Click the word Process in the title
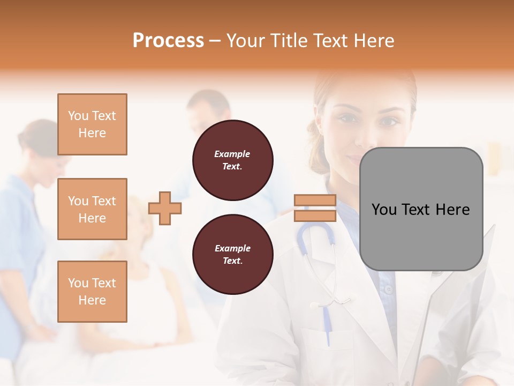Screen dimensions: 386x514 pyautogui.click(x=168, y=40)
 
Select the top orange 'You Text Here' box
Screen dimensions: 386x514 pyautogui.click(x=92, y=124)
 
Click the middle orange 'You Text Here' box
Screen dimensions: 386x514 pyautogui.click(x=92, y=209)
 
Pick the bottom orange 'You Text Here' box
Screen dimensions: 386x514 pyautogui.click(x=92, y=292)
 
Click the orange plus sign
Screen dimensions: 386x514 pyautogui.click(x=165, y=208)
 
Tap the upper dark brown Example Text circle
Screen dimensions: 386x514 pyautogui.click(x=233, y=160)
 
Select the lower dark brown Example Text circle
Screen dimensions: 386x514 pyautogui.click(x=233, y=255)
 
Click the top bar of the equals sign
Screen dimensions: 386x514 pyautogui.click(x=315, y=201)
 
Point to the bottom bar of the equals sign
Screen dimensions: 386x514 pyautogui.click(x=315, y=216)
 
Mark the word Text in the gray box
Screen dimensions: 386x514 pyautogui.click(x=416, y=209)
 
